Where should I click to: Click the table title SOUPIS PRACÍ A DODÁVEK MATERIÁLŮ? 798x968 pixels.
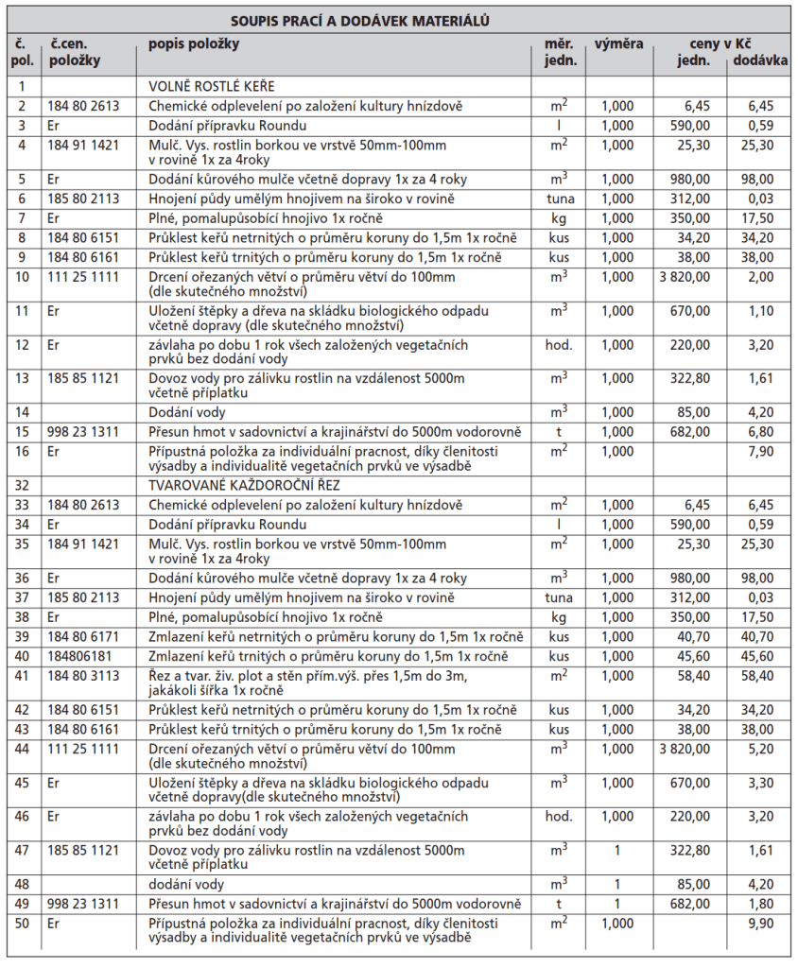tap(398, 19)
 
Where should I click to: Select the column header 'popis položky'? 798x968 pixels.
tap(194, 44)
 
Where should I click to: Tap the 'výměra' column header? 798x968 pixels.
tap(619, 44)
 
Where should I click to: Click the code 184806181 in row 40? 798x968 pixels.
tap(83, 656)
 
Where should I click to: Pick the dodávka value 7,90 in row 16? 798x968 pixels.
tap(759, 452)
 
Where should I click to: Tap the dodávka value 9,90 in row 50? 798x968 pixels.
tap(759, 924)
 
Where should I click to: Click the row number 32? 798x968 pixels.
tap(22, 485)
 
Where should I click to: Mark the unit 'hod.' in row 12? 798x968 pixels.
tap(559, 346)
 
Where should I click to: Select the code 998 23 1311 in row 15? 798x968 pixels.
tap(83, 431)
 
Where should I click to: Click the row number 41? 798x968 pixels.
tap(22, 676)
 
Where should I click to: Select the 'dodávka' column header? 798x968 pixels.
tap(760, 61)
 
